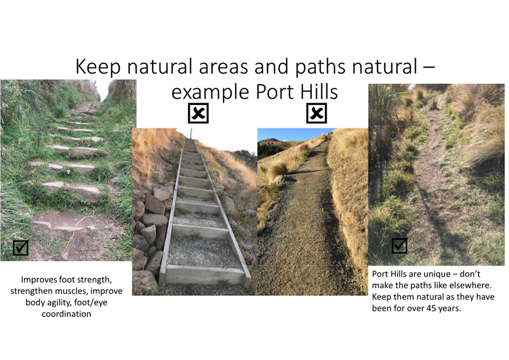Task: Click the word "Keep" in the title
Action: pyautogui.click(x=98, y=67)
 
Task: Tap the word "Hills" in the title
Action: pyautogui.click(x=319, y=92)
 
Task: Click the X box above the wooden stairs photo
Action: pyautogui.click(x=198, y=113)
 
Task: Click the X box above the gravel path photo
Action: pyautogui.click(x=317, y=113)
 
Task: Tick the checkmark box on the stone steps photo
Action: pyautogui.click(x=21, y=247)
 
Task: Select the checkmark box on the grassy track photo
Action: pyautogui.click(x=399, y=246)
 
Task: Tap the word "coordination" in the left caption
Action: pyautogui.click(x=66, y=314)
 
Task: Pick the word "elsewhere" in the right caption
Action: pyautogui.click(x=472, y=285)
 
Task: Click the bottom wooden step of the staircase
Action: pyautogui.click(x=204, y=274)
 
